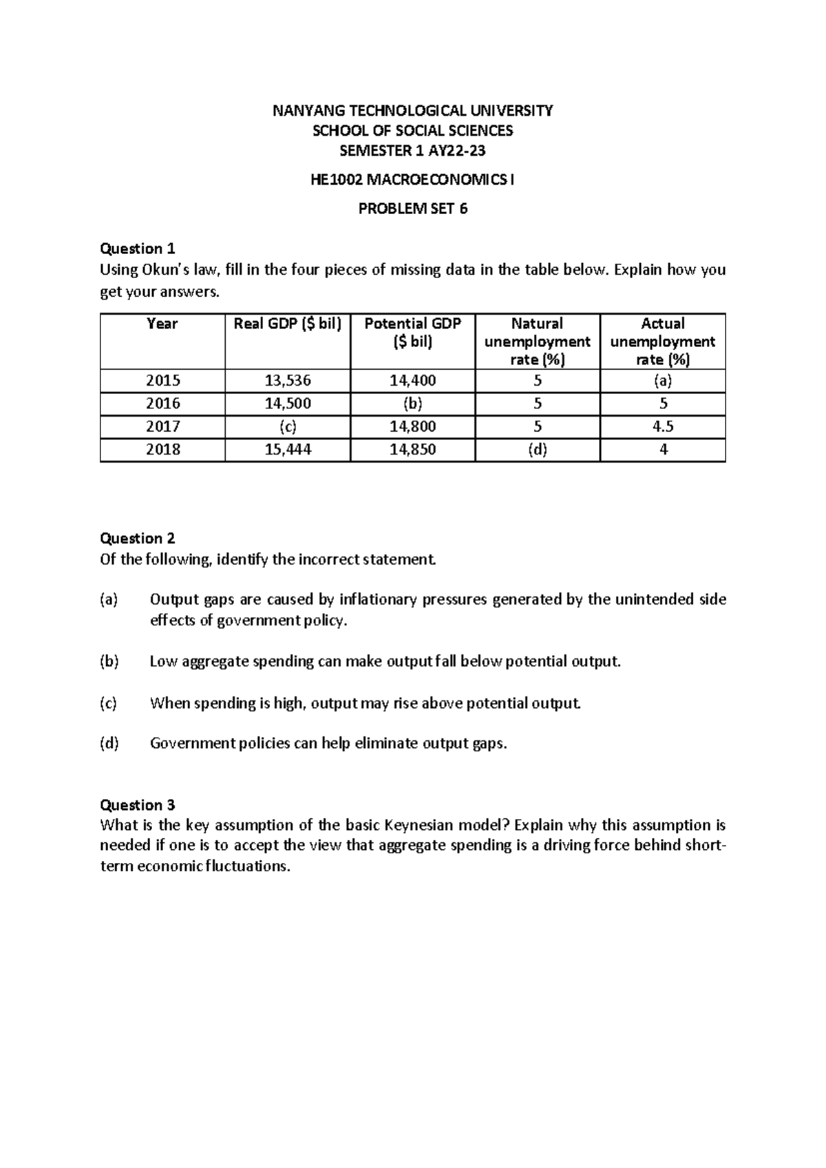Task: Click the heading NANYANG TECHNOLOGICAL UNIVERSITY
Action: [x=412, y=110]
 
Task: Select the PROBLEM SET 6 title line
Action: [x=412, y=209]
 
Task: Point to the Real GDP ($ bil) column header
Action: [x=287, y=324]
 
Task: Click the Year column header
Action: [x=162, y=324]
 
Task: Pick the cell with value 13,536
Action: [x=287, y=380]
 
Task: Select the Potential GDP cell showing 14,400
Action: [x=412, y=380]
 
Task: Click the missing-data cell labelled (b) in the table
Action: [x=412, y=404]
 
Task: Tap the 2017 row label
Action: [x=162, y=426]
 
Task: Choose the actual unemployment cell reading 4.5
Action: [x=662, y=426]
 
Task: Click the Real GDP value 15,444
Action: [x=287, y=450]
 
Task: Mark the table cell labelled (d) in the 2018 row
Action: [x=537, y=450]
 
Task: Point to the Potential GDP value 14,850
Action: [x=412, y=450]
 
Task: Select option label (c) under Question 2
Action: [x=109, y=703]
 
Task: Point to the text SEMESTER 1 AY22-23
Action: [x=412, y=151]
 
